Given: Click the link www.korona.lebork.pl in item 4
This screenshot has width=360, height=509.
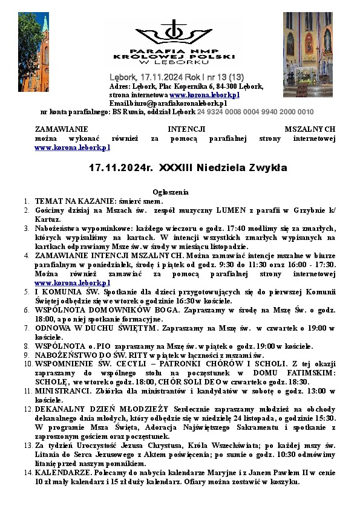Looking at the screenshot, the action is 73,283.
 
